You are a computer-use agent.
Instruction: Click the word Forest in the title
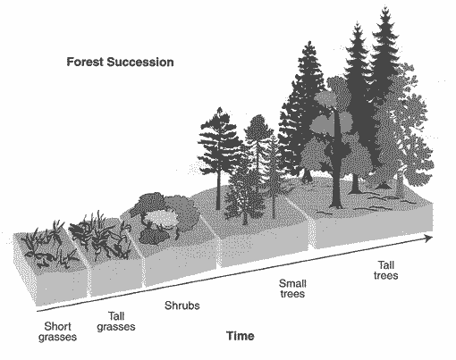coord(85,62)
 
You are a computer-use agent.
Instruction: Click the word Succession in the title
coord(140,62)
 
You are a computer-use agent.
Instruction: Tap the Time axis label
coord(241,336)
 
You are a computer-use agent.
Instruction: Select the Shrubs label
coord(182,306)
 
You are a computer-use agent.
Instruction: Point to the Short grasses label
coord(57,331)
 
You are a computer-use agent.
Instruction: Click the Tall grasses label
coord(116,322)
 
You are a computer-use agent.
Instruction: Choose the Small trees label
coord(292,289)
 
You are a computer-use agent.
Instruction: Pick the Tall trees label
coord(385,270)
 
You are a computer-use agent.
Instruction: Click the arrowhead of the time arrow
coord(428,239)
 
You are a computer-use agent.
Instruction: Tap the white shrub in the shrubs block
coord(161,218)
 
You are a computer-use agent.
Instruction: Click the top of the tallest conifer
coord(386,6)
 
